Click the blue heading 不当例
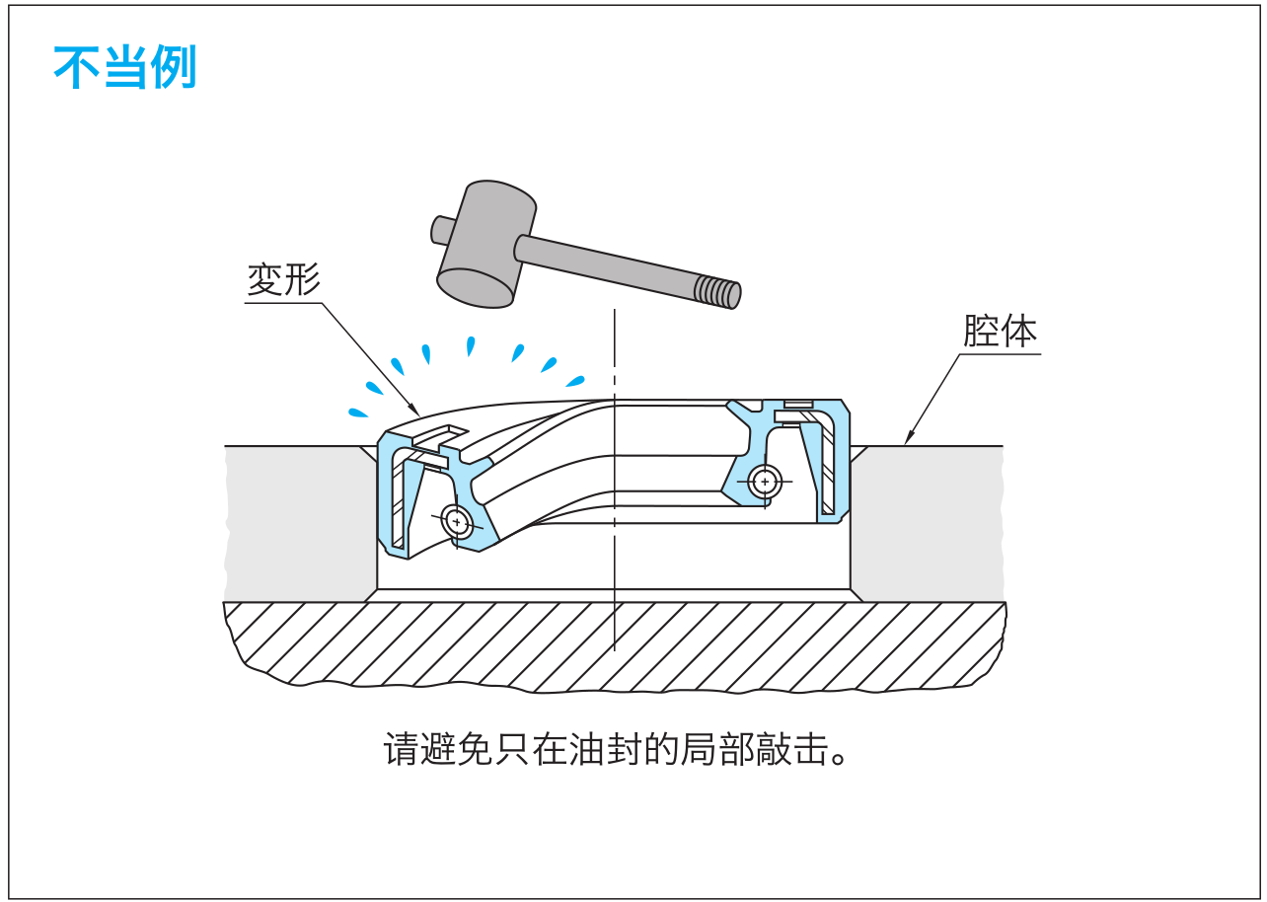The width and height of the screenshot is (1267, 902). (x=124, y=68)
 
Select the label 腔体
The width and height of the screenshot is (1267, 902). (x=1000, y=332)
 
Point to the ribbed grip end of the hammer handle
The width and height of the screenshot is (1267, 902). (x=717, y=291)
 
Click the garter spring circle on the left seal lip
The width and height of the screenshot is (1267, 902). (x=457, y=520)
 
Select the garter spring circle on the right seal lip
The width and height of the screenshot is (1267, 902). (x=765, y=482)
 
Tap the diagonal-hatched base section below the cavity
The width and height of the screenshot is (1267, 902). (x=612, y=646)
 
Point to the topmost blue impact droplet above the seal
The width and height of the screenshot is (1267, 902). (x=471, y=345)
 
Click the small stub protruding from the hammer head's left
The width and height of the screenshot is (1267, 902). (x=440, y=230)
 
